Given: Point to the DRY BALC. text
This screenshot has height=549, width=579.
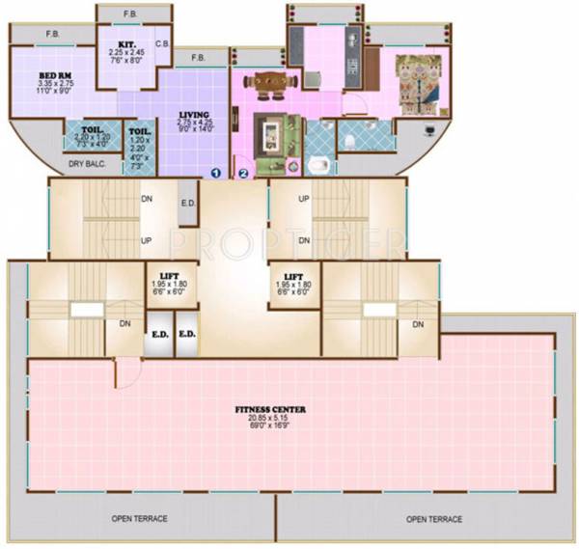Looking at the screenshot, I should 88,165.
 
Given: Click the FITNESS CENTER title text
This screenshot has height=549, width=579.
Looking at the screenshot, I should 269,410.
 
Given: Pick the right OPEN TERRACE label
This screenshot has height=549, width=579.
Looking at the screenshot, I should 434,519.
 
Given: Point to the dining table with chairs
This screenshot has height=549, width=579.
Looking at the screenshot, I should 266,86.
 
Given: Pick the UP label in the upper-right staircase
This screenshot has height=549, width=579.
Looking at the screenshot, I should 304,198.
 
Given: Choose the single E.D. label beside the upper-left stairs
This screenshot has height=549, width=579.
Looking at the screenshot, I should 188,205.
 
